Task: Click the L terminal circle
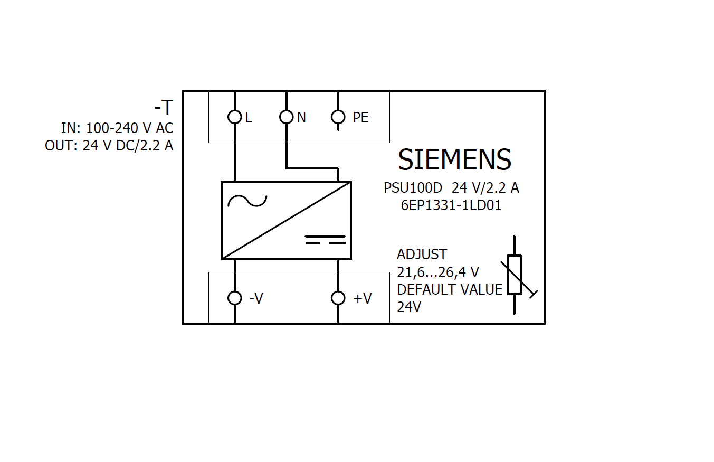[x=234, y=117]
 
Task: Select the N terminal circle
[x=286, y=117]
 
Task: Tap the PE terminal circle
[x=338, y=117]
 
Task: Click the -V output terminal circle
[x=234, y=298]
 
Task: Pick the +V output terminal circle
[x=338, y=298]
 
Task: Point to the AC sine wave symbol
[x=247, y=201]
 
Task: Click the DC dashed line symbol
[x=326, y=240]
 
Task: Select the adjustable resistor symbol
[x=515, y=275]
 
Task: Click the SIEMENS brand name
[x=454, y=159]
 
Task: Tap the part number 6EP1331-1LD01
[x=451, y=205]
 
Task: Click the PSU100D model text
[x=413, y=188]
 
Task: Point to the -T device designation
[x=163, y=108]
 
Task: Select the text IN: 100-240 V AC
[x=117, y=128]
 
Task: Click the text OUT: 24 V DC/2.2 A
[x=109, y=146]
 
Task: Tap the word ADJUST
[x=422, y=254]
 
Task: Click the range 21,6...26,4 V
[x=438, y=272]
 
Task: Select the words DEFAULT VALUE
[x=450, y=290]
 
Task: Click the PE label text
[x=360, y=118]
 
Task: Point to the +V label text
[x=363, y=299]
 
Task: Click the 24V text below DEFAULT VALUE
[x=409, y=307]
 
